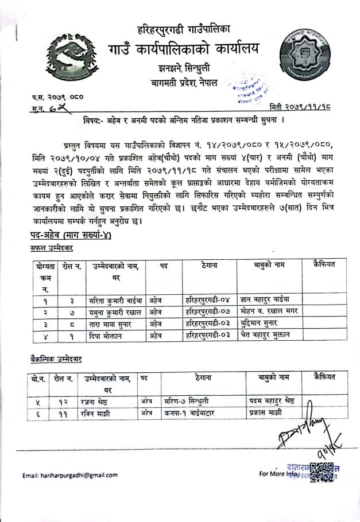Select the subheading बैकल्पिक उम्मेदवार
pos(56,359)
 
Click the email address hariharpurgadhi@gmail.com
pos(70,475)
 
